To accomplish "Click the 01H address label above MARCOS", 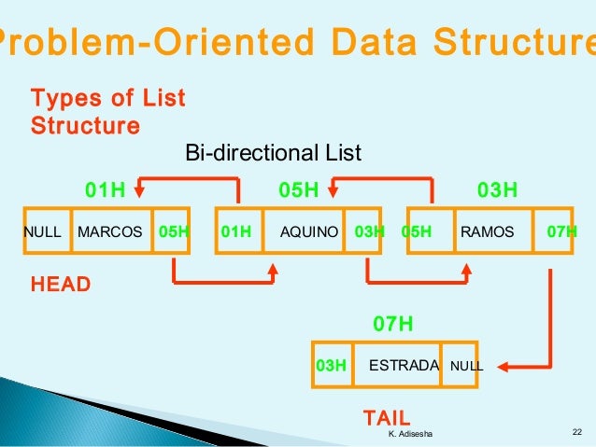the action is point(105,191).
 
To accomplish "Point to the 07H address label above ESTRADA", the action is point(392,325).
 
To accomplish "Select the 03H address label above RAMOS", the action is point(497,191).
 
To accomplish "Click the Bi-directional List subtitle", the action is point(273,153).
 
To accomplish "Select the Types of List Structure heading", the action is point(108,111).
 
